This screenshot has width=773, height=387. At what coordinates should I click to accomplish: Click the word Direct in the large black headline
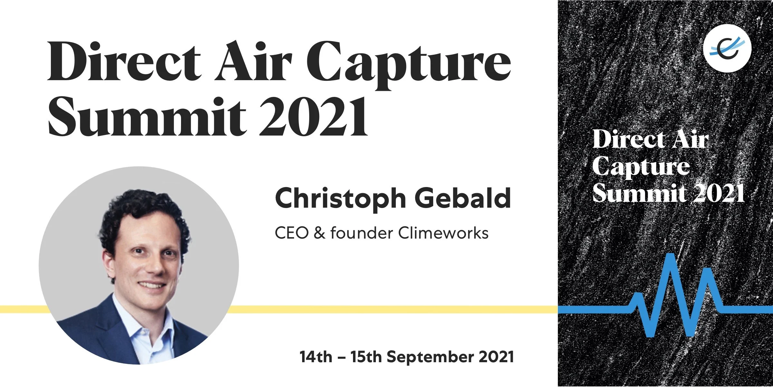click(124, 61)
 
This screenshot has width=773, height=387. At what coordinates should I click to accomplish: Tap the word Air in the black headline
click(254, 61)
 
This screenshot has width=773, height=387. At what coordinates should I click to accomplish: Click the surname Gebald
click(463, 198)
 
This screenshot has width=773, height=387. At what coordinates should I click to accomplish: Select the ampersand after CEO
click(320, 233)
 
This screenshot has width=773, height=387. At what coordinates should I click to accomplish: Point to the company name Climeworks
click(444, 233)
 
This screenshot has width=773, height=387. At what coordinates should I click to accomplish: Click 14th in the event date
click(316, 357)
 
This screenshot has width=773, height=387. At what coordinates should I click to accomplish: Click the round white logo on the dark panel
click(727, 48)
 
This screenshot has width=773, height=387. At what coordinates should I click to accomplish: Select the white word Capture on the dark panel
click(641, 168)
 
